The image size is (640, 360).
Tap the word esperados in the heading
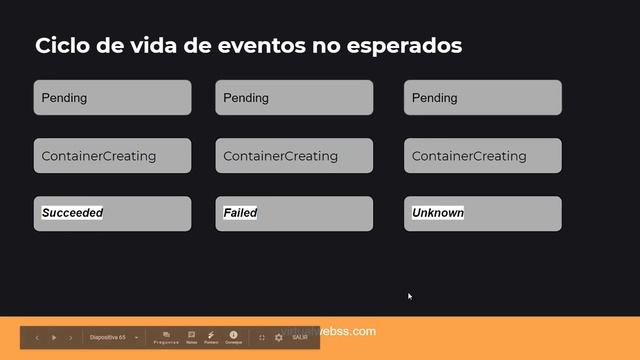406,46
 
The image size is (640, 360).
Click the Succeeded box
112,213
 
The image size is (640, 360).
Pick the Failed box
294,213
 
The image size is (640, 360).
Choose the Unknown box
483,213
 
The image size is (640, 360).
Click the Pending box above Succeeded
112,98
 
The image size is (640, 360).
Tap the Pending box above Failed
294,98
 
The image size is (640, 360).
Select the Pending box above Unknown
483,98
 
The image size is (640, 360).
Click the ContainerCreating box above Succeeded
112,156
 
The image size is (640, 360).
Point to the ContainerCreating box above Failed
294,156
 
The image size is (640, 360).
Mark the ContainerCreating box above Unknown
483,156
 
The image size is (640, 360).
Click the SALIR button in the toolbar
300,338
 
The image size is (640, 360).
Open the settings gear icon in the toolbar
279,338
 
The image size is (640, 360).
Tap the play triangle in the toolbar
54,338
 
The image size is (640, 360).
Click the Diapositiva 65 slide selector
111,338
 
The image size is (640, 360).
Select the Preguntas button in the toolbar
166,337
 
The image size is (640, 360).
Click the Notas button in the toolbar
191,337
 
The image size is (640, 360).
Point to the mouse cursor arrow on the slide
409,296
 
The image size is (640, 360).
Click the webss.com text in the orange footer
350,331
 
